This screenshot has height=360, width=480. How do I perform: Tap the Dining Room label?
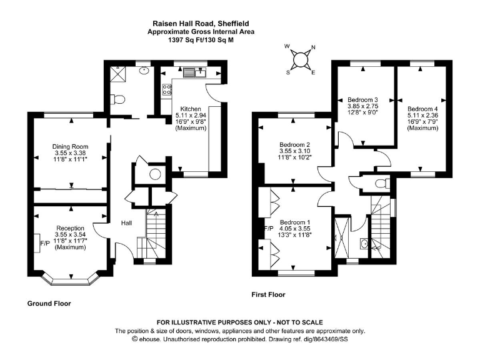pos(70,147)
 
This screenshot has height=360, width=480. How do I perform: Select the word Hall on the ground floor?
pos(126,222)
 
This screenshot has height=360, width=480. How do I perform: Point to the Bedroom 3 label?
pos(363,100)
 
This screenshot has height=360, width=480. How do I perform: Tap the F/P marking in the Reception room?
pos(45,242)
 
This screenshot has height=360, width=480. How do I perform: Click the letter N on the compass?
pos(313,48)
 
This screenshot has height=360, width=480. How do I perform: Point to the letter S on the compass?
pos(289,72)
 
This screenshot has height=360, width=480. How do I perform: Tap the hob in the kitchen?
pos(167,90)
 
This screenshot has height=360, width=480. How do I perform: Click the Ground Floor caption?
pos(49,303)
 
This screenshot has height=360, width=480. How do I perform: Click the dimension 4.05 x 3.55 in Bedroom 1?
pos(295,229)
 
